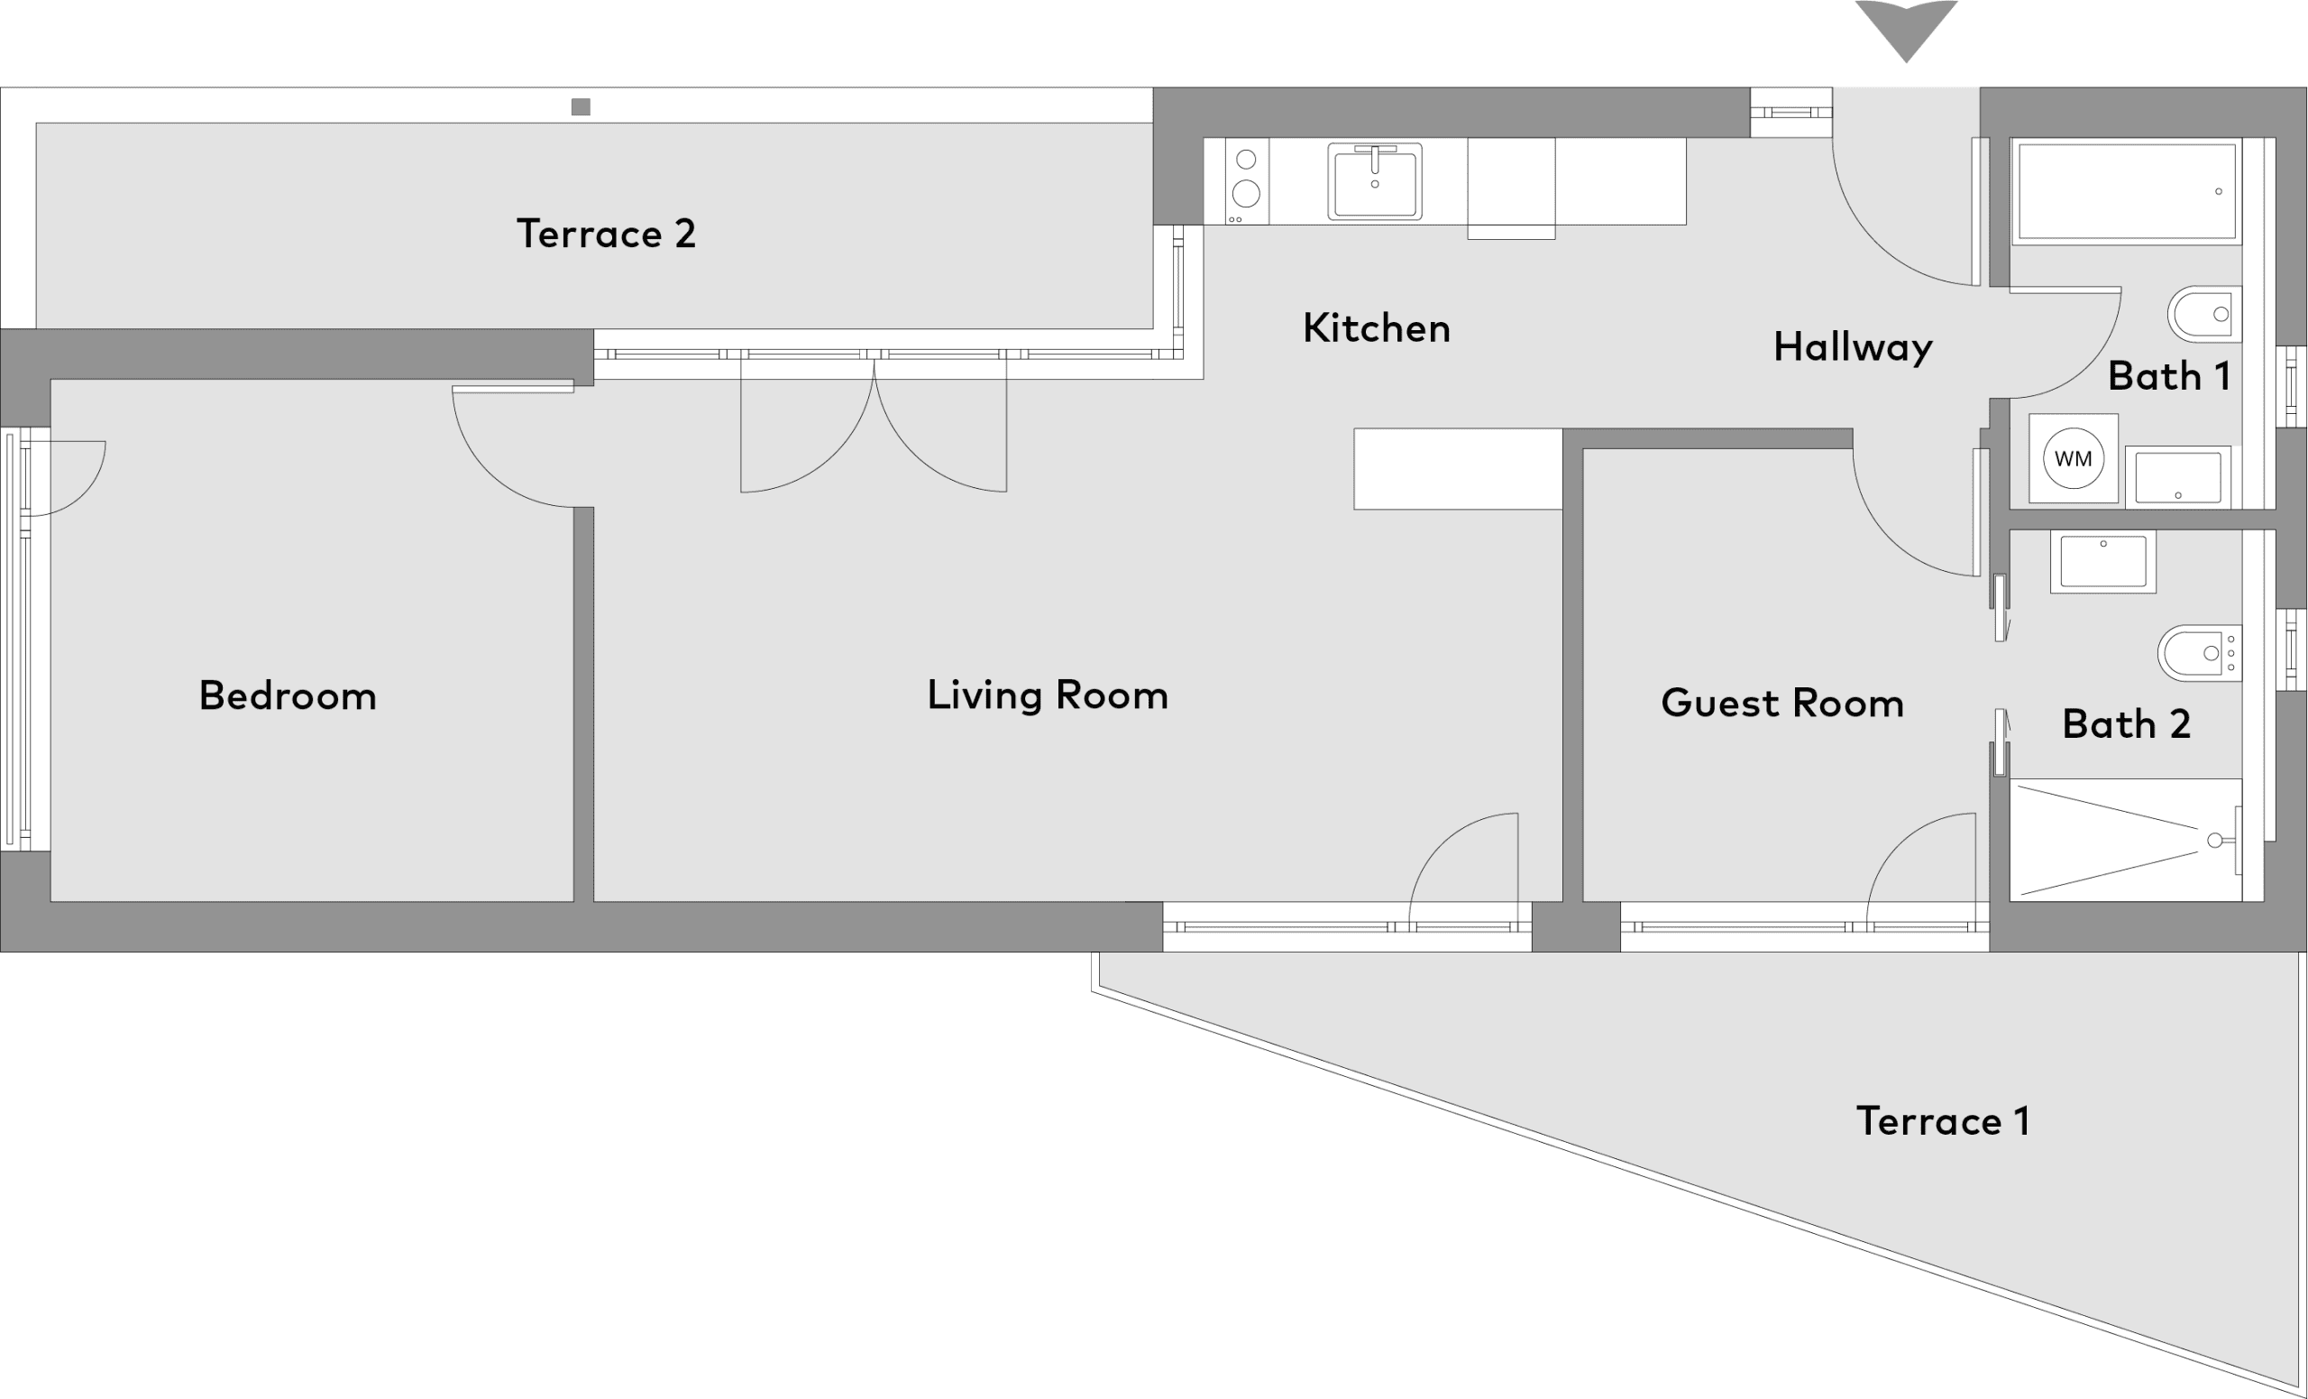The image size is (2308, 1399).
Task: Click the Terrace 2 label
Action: point(606,234)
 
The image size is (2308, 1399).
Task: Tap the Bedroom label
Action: point(288,695)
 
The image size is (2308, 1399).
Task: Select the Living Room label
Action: point(1048,695)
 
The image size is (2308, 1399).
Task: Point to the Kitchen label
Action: point(1376,328)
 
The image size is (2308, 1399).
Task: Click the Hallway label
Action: point(1853,347)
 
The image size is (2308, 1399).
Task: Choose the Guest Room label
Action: point(1782,703)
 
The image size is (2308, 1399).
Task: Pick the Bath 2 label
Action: point(2126,723)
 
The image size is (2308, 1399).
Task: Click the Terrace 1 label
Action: point(1943,1120)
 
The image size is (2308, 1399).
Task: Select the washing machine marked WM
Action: point(2073,459)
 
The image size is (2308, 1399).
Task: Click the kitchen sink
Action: point(1374,180)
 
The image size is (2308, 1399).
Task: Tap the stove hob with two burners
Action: point(1247,180)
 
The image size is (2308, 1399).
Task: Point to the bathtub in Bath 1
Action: point(2126,191)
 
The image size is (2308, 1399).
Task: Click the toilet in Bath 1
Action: point(2204,314)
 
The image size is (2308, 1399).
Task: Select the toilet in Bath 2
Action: point(2199,653)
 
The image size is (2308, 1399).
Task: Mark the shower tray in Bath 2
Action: point(2125,840)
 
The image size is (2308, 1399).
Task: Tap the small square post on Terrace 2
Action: point(581,106)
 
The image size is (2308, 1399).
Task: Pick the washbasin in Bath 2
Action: point(2102,561)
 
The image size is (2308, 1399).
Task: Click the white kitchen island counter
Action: point(1458,468)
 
